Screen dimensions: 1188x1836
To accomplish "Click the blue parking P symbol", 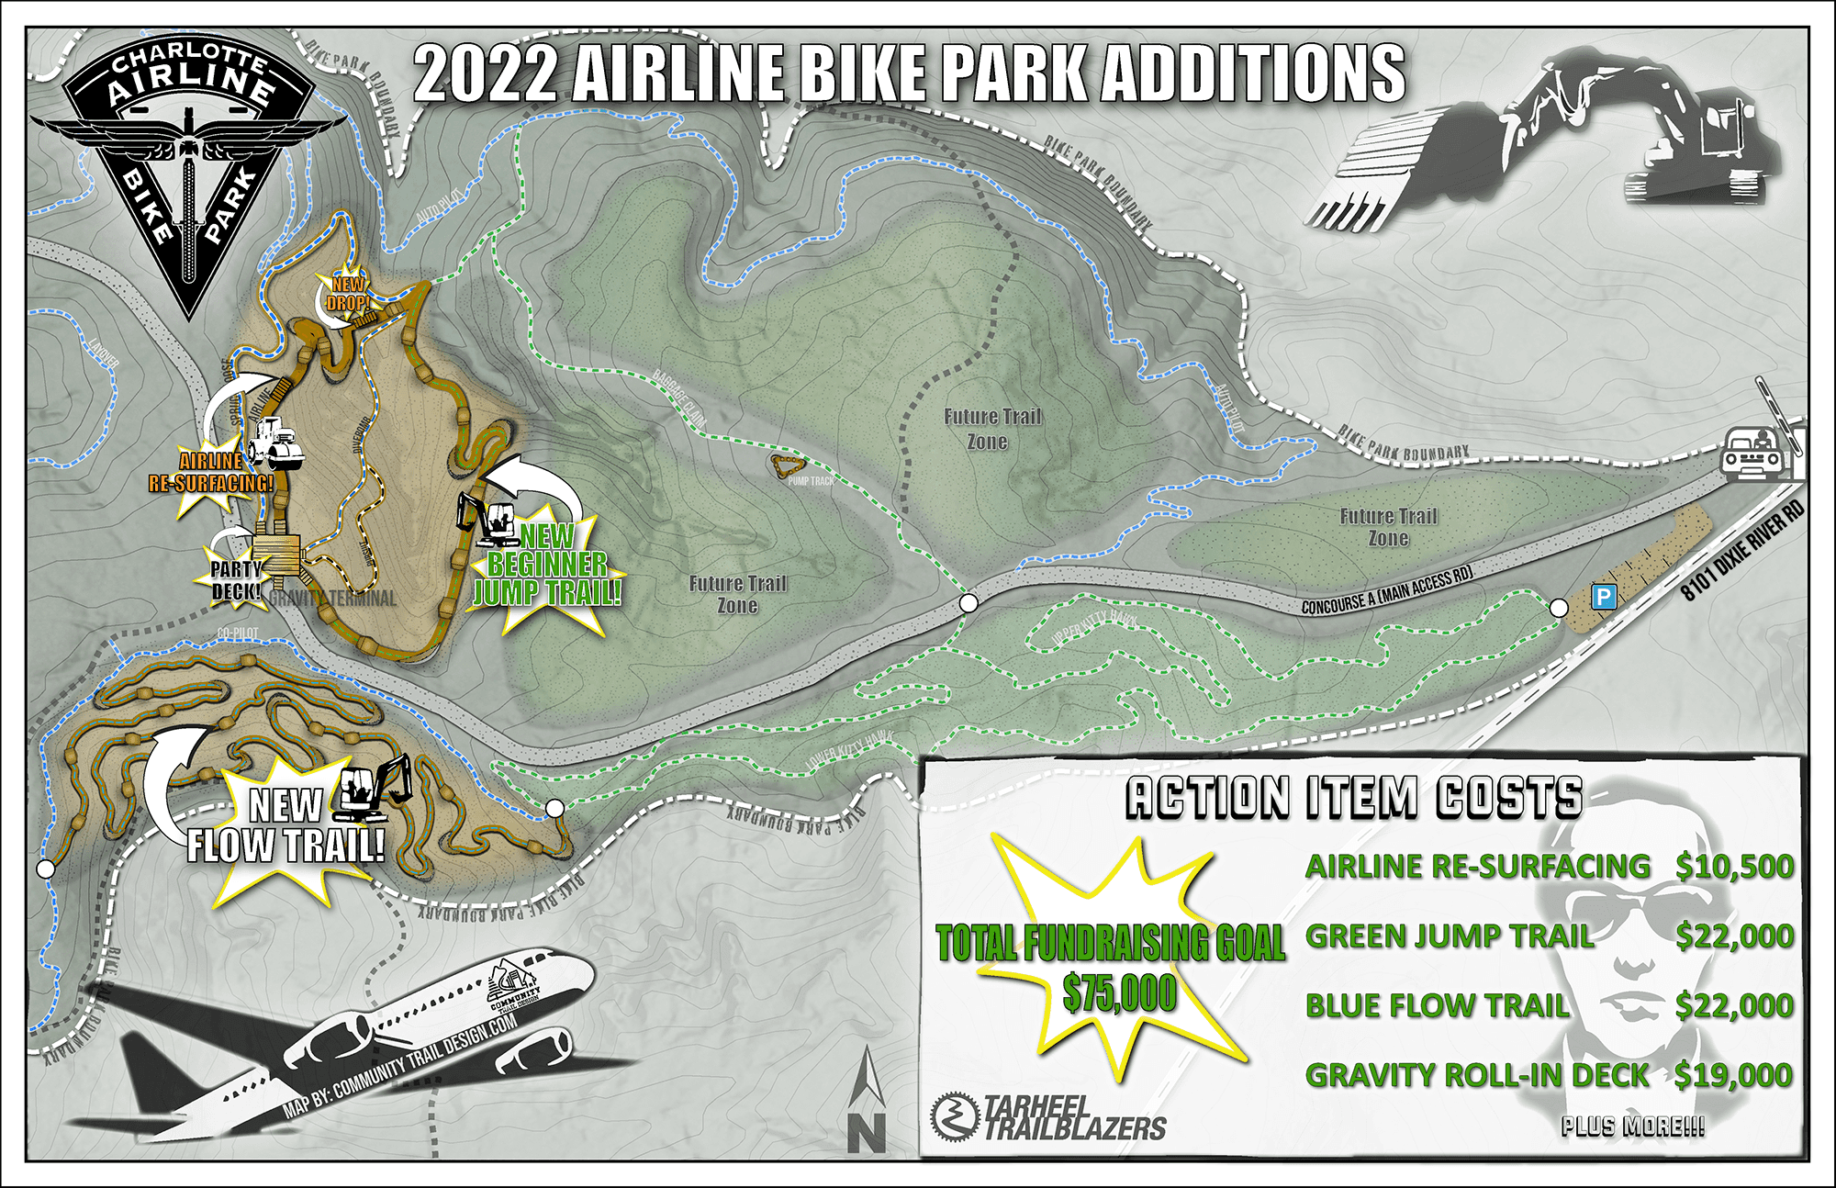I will [x=1603, y=597].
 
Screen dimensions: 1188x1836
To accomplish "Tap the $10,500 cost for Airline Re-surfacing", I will [x=1734, y=867].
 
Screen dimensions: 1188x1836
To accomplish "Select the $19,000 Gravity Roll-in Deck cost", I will [x=1733, y=1075].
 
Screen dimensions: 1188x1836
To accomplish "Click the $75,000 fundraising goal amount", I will [x=1119, y=993].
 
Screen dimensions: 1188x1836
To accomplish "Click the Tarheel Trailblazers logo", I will [x=1048, y=1116].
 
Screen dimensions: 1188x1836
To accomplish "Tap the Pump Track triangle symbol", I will [x=788, y=465].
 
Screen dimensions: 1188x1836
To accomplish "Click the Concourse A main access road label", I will [x=1386, y=590].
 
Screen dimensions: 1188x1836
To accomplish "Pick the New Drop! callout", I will [x=348, y=294].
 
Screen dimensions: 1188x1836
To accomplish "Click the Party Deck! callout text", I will [x=236, y=580].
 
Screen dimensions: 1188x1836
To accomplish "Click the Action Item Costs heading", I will [x=1354, y=797].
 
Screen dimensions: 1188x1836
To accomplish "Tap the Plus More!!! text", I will [x=1632, y=1126].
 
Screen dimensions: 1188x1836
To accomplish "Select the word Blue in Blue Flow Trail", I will [x=1346, y=1006].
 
